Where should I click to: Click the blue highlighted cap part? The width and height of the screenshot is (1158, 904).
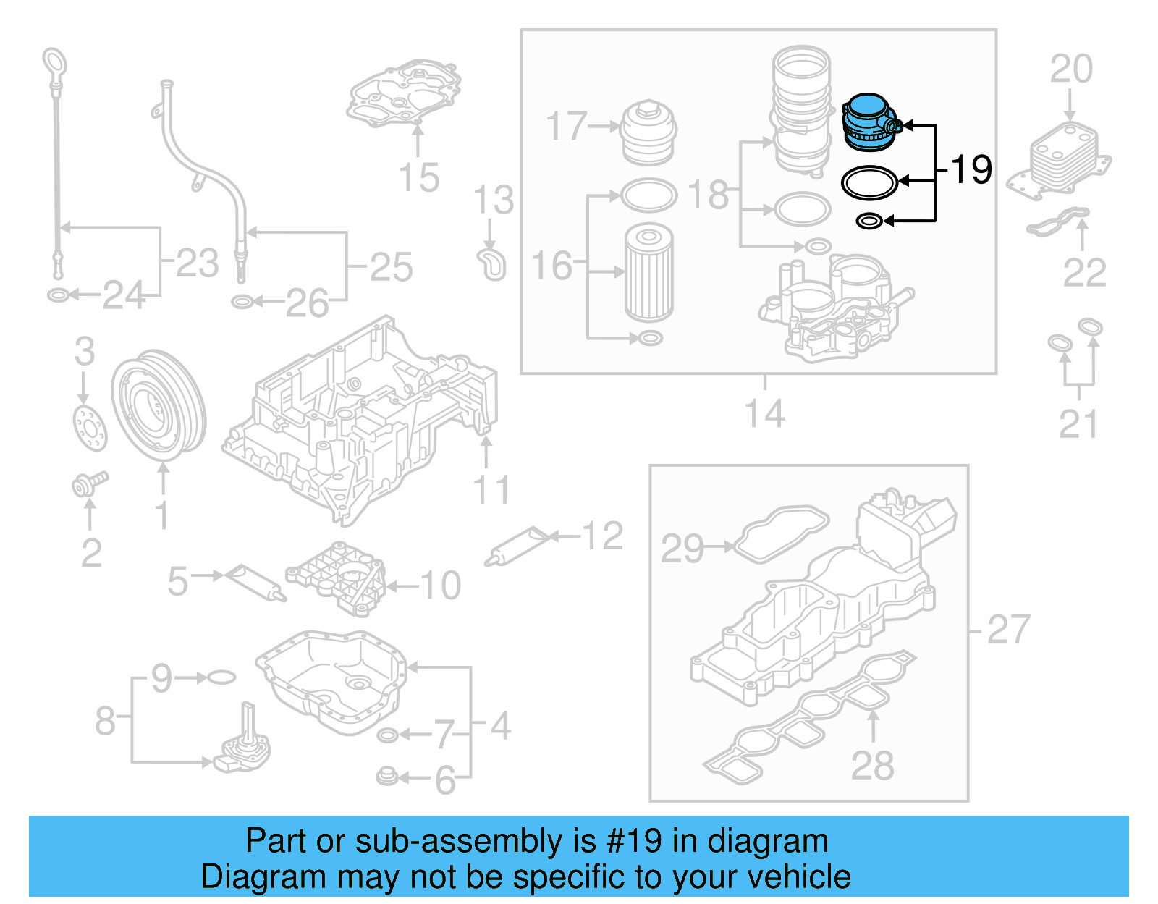868,123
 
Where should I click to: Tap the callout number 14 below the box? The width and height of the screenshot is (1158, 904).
764,414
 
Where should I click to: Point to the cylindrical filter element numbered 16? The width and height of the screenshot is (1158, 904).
648,271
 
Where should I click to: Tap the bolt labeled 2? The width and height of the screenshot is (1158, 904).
88,483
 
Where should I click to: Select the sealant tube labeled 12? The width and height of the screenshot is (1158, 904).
519,547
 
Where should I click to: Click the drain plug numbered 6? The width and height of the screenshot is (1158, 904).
387,777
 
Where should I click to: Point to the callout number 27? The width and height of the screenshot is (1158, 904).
1007,629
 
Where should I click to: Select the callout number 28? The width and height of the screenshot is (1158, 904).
872,765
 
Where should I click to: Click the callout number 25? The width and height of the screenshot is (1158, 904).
391,267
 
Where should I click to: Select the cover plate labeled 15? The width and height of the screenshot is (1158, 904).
405,94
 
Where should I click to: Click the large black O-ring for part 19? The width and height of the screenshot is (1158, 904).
869,182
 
